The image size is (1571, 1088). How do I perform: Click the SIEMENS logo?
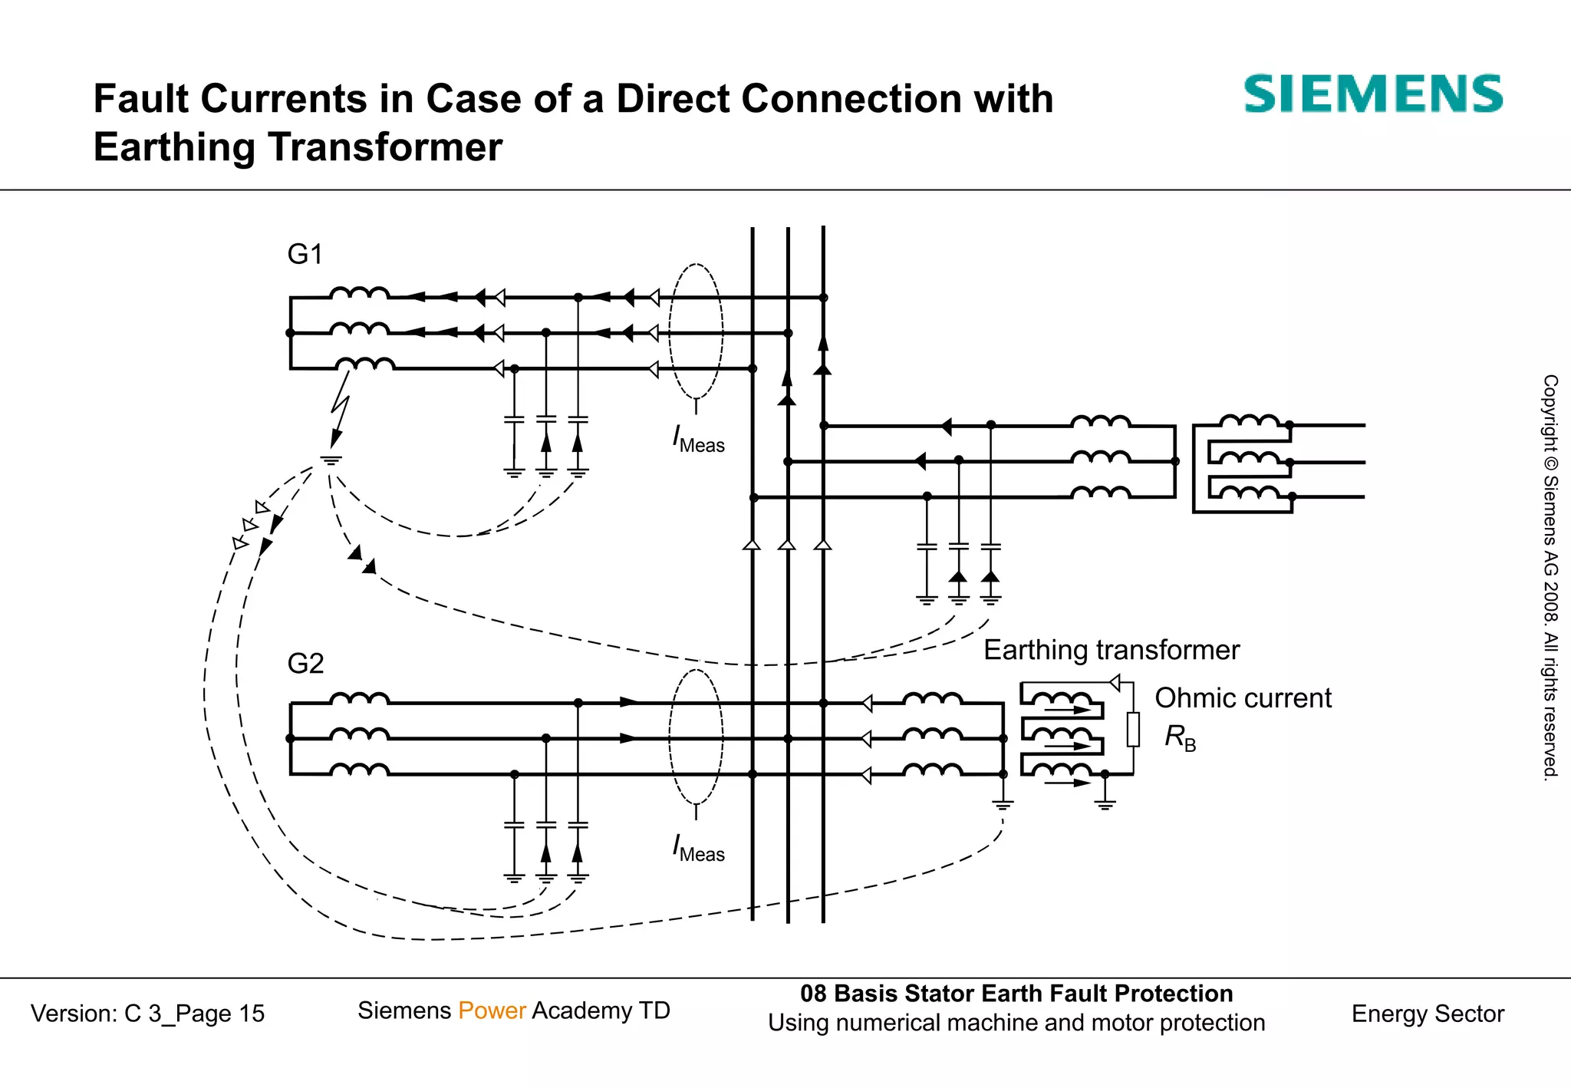pyautogui.click(x=1372, y=94)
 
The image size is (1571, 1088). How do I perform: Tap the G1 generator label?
pyautogui.click(x=305, y=254)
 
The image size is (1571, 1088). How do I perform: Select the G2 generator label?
pyautogui.click(x=305, y=663)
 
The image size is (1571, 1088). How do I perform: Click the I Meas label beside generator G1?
pyautogui.click(x=698, y=440)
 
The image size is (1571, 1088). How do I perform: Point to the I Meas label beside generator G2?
pyautogui.click(x=698, y=848)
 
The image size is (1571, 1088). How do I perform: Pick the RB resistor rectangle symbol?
pyautogui.click(x=1133, y=729)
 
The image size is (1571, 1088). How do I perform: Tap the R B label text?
pyautogui.click(x=1180, y=737)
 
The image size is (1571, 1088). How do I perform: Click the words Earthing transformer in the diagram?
pyautogui.click(x=1111, y=650)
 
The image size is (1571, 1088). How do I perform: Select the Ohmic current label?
pyautogui.click(x=1243, y=698)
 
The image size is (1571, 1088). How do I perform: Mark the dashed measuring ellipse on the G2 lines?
pyautogui.click(x=696, y=737)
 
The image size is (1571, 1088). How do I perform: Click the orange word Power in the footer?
pyautogui.click(x=492, y=1011)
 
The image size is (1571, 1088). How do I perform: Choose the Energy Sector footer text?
pyautogui.click(x=1428, y=1014)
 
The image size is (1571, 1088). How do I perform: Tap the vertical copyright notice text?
pyautogui.click(x=1550, y=577)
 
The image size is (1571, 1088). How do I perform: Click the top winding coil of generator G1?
pyautogui.click(x=360, y=293)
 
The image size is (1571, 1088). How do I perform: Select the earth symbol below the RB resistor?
pyautogui.click(x=1105, y=803)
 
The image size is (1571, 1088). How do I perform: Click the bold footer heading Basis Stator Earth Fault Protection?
pyautogui.click(x=1033, y=994)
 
